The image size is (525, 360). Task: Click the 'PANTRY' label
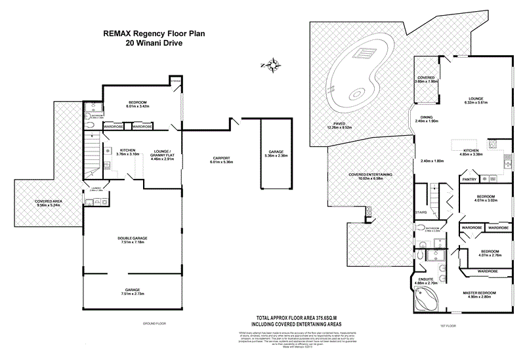pyautogui.click(x=469, y=179)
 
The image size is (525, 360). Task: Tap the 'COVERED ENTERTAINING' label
pyautogui.click(x=370, y=174)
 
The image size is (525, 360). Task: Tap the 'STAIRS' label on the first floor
pyautogui.click(x=422, y=212)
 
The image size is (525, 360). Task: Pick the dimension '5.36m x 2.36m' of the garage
pyautogui.click(x=271, y=156)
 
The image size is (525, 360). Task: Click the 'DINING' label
pyautogui.click(x=427, y=117)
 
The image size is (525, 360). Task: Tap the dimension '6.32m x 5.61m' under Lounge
pyautogui.click(x=478, y=103)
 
